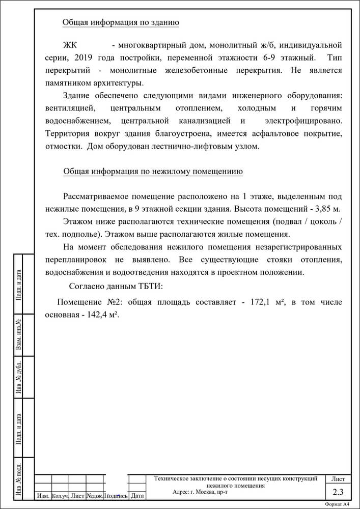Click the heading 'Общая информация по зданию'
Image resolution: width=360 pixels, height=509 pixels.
pos(120,22)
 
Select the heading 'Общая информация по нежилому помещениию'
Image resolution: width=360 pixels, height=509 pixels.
pos(153,172)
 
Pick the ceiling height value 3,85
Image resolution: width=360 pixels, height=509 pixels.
pos(323,209)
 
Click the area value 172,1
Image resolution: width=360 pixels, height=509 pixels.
pos(260,302)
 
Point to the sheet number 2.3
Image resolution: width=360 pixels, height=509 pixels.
pos(338,492)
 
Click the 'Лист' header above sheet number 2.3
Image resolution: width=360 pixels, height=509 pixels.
pos(338,479)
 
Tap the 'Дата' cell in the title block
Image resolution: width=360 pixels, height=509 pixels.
pos(137,495)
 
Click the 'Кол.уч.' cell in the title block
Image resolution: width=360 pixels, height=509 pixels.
pos(60,495)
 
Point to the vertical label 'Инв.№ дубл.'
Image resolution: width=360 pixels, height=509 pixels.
pos(19,377)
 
